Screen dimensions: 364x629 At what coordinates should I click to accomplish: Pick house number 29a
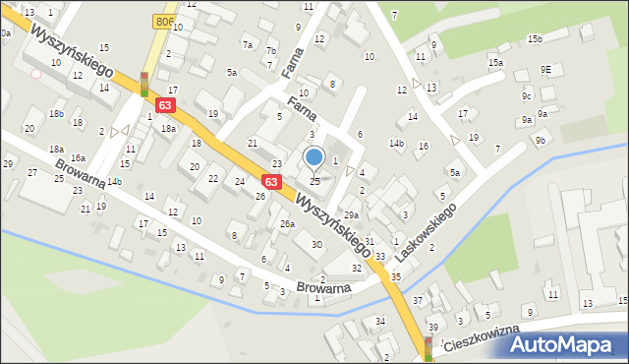click(351, 214)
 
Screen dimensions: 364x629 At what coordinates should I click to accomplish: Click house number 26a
click(287, 224)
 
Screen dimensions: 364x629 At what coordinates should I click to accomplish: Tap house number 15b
click(534, 39)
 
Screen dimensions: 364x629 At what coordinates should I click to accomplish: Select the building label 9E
click(545, 70)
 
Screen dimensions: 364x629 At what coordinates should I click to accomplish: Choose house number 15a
click(496, 63)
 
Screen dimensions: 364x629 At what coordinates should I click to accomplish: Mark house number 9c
click(526, 95)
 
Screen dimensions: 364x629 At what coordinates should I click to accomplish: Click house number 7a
click(249, 45)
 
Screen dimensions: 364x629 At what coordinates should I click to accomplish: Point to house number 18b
click(56, 114)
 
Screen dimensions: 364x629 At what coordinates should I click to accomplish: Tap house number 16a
click(77, 157)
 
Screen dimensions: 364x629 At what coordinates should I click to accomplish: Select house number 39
click(432, 327)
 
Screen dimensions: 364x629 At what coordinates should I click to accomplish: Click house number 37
click(418, 300)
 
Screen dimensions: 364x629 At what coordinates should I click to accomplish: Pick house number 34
click(379, 322)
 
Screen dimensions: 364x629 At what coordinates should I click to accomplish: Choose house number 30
click(316, 244)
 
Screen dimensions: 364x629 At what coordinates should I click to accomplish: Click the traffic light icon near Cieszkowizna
click(429, 347)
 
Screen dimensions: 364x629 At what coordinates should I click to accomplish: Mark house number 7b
click(271, 65)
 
